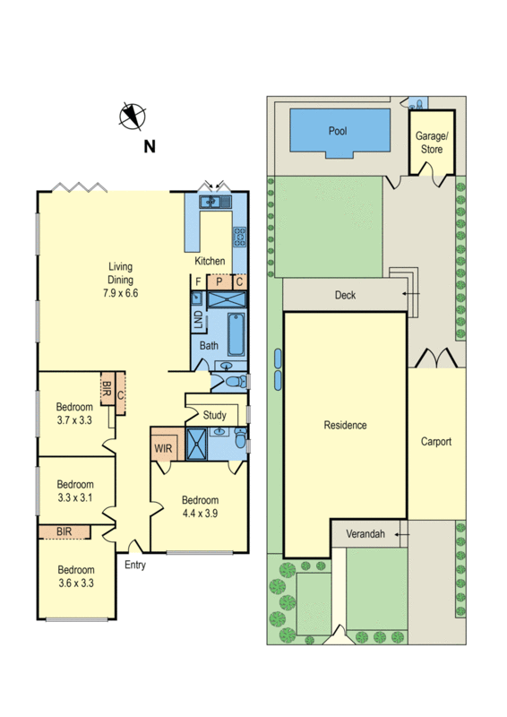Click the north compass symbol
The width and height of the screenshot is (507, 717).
[133, 116]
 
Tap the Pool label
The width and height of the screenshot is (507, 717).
[338, 131]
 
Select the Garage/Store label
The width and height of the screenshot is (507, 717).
[432, 143]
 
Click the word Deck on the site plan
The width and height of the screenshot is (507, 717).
[346, 294]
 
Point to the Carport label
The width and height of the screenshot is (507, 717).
[436, 442]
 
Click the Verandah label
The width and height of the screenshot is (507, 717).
[365, 535]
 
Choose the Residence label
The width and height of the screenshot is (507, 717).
[345, 425]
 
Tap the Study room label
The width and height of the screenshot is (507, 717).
[214, 415]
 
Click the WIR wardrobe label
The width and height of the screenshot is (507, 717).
[163, 448]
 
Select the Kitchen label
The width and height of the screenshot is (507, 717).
[211, 261]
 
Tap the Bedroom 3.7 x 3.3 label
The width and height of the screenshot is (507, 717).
[75, 412]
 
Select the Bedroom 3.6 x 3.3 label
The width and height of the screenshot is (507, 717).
[75, 575]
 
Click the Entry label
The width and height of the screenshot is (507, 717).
[134, 565]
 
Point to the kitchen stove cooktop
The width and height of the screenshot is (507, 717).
[239, 238]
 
